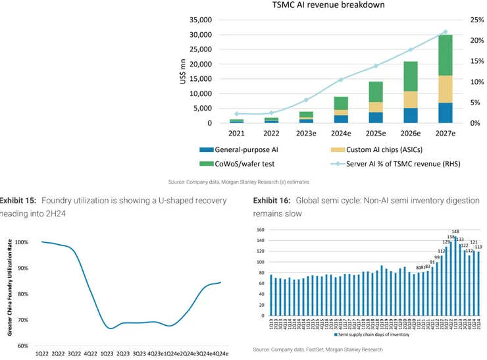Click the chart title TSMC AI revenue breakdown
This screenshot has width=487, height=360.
328,6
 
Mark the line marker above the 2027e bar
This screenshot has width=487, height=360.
445,32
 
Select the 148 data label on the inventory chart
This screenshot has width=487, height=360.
455,232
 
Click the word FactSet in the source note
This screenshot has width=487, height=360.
309,349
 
